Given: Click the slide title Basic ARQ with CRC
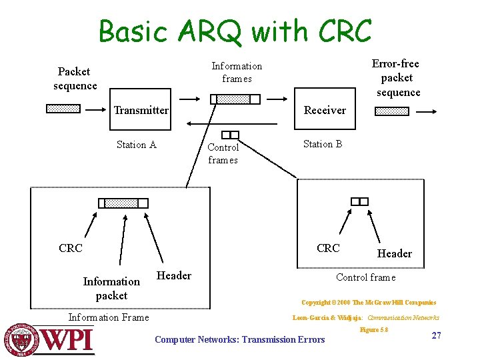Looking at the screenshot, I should (235, 31).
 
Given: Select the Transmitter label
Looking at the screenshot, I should (141, 110).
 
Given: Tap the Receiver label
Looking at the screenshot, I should (325, 110).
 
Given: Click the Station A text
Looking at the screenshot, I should (136, 145).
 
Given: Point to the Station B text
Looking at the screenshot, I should (323, 144).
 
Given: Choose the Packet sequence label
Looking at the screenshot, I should (74, 79).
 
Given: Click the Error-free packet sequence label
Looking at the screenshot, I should (397, 78).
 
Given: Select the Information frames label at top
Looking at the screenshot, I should (237, 73).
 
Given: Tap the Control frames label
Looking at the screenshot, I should (223, 153).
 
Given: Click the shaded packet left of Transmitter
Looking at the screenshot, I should (63, 109).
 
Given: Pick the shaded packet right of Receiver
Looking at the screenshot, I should (391, 111).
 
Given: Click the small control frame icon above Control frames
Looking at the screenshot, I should (230, 135).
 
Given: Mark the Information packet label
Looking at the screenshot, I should (111, 288).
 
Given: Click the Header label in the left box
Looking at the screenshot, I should (173, 275).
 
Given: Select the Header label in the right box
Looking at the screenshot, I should (394, 253).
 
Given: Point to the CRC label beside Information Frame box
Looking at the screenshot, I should (71, 248).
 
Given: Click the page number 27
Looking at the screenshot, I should (436, 335).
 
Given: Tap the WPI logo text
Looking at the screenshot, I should (67, 340).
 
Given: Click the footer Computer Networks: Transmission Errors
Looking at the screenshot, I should (239, 340).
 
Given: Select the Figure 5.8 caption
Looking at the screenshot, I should (373, 330).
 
